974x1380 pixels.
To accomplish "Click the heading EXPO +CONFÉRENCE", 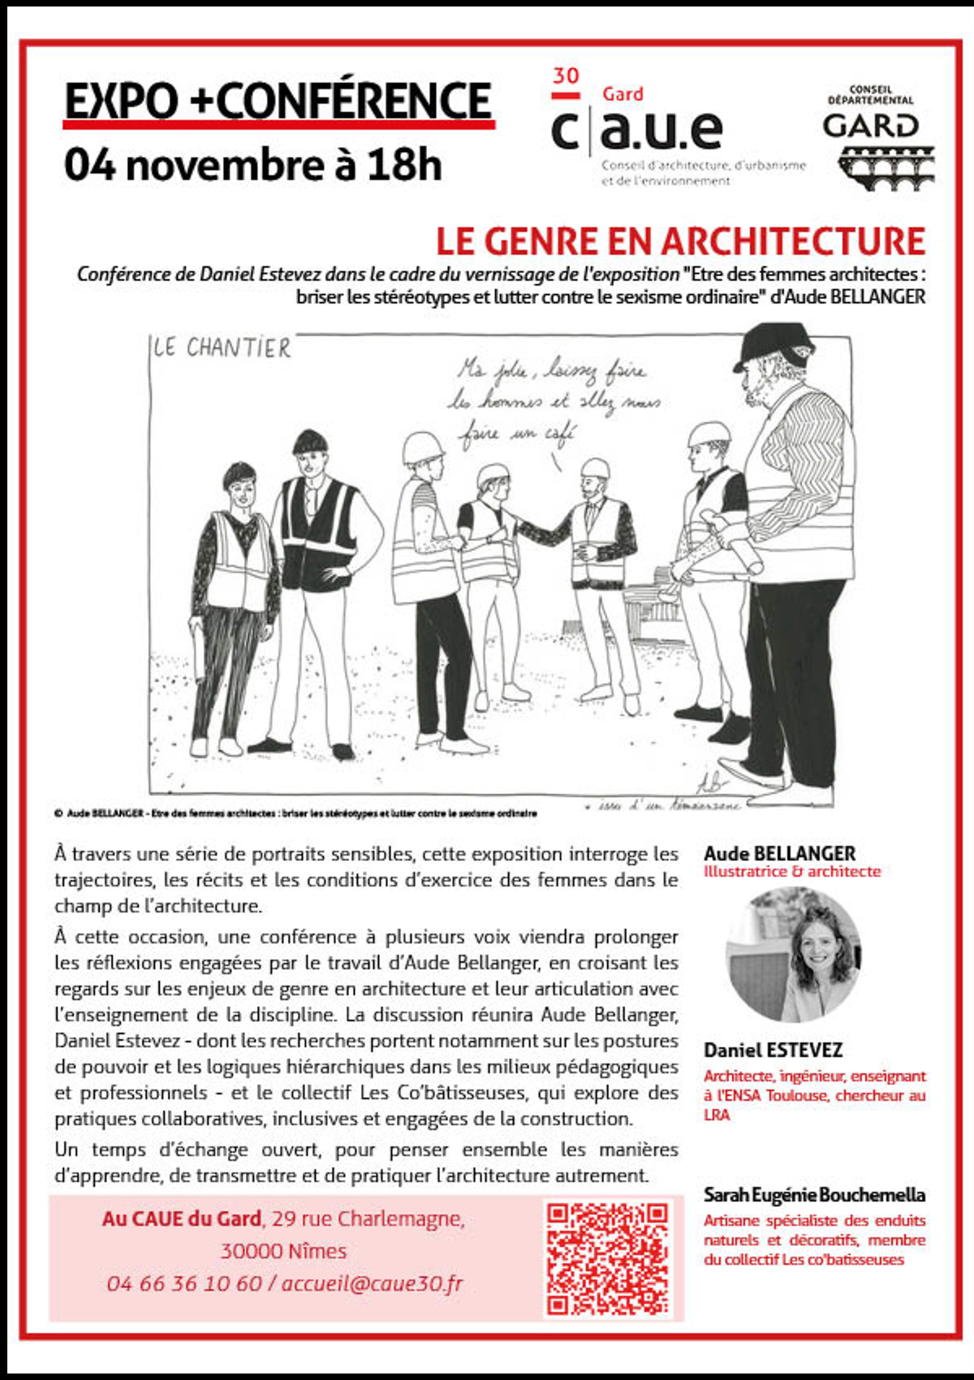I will coord(278,101).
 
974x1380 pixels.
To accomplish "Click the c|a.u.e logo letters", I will coord(637,130).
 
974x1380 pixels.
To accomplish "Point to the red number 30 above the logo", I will coord(566,76).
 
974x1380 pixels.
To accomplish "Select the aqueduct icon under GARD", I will coord(886,168).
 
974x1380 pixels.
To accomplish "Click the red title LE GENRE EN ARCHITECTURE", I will coord(680,241).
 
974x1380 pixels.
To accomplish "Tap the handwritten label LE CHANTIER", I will coord(222,348).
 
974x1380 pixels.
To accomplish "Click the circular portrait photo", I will coord(793,955).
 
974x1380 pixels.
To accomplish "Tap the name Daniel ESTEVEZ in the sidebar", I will coord(773,1050).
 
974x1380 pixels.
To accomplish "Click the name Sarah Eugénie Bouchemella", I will coord(814,1195).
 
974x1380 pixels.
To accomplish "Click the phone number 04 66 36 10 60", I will coord(184,1283).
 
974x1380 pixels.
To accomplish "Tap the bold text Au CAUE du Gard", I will coord(181,1218).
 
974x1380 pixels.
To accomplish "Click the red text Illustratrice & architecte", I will coord(791,872).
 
